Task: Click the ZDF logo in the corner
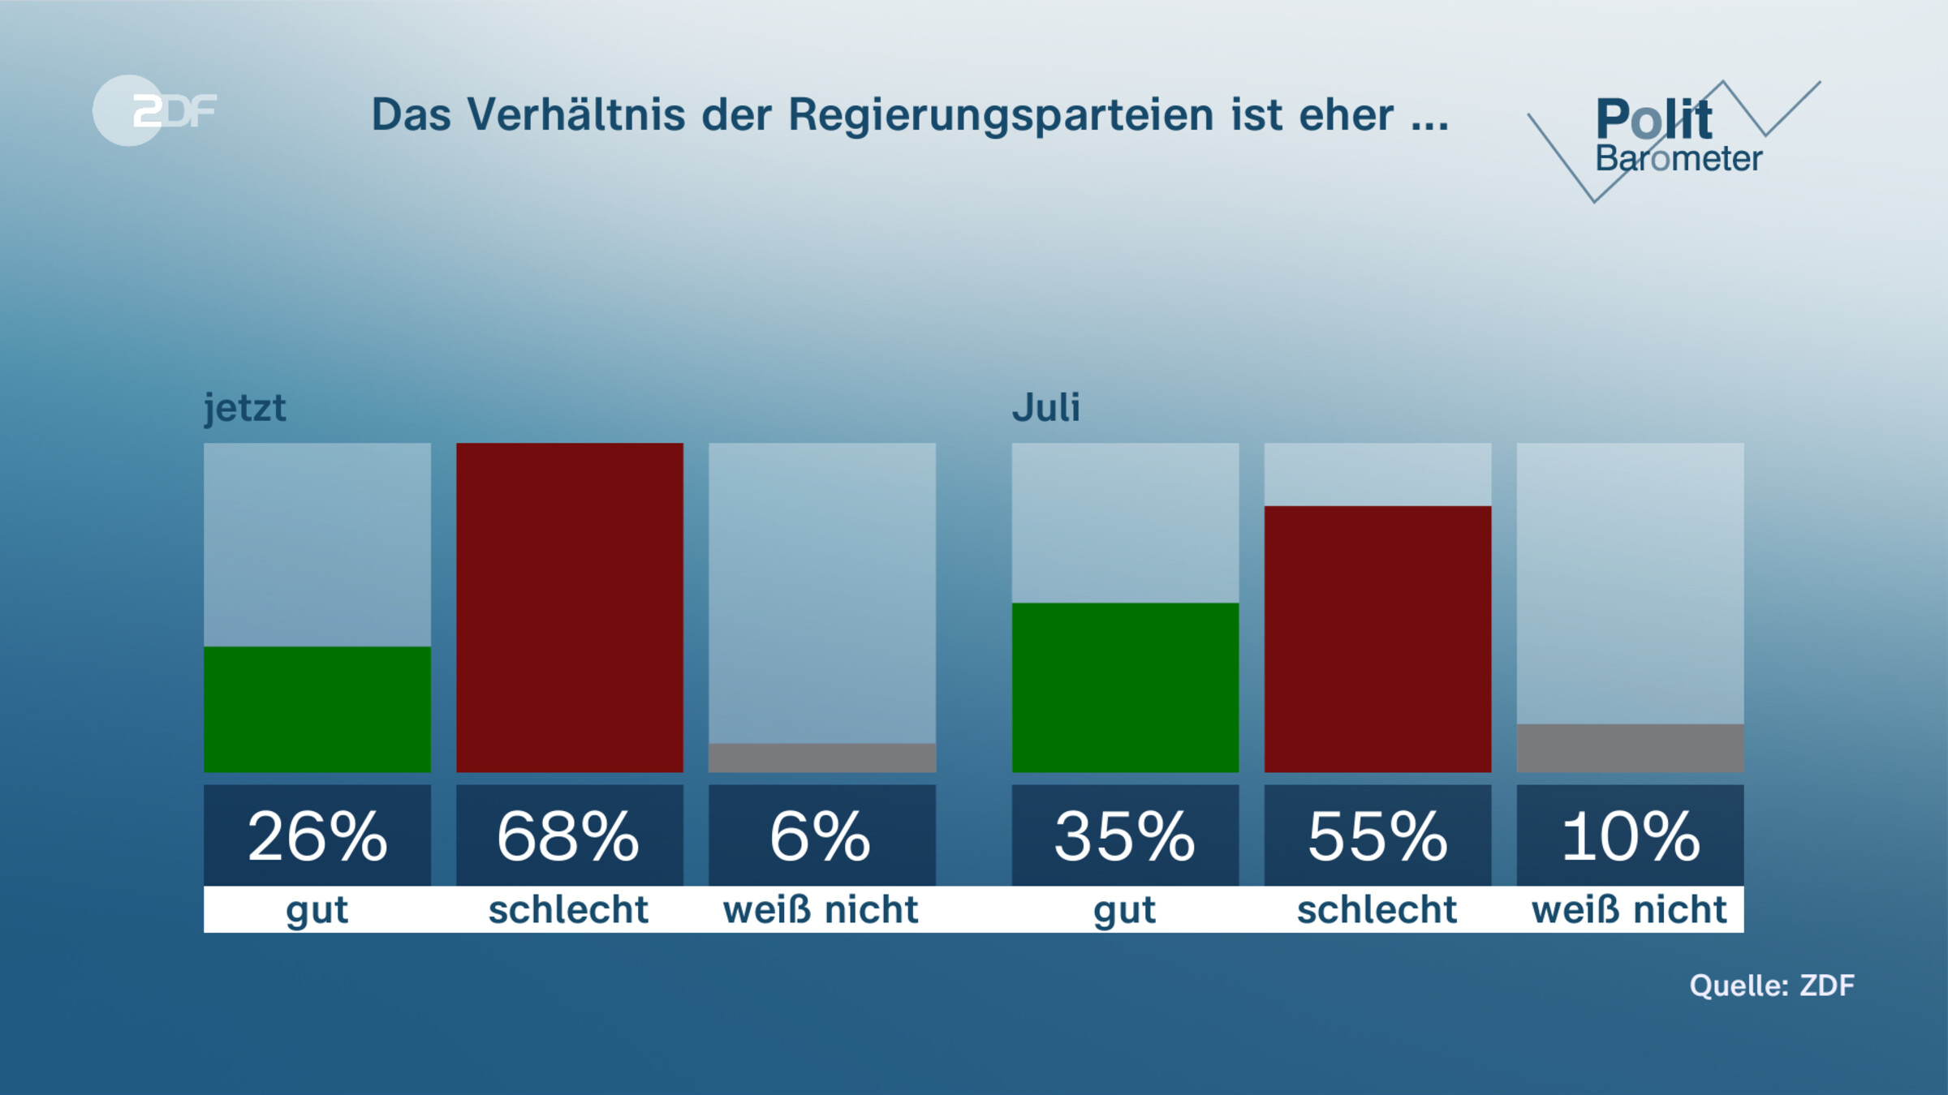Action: click(154, 110)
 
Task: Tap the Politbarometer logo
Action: click(1672, 138)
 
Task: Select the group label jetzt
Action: click(244, 408)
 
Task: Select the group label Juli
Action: click(1045, 408)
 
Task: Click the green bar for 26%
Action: click(317, 709)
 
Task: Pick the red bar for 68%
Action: click(570, 607)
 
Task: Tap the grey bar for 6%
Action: click(822, 758)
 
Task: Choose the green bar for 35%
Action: click(1125, 687)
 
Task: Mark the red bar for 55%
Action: click(1377, 638)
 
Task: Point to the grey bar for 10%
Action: click(1630, 748)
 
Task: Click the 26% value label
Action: click(317, 836)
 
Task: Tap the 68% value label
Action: click(570, 836)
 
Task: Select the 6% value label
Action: click(822, 836)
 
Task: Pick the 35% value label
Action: click(1125, 836)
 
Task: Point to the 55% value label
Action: click(1377, 836)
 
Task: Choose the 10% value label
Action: click(1630, 836)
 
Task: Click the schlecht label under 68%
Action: click(568, 909)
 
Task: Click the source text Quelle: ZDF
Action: click(1772, 985)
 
